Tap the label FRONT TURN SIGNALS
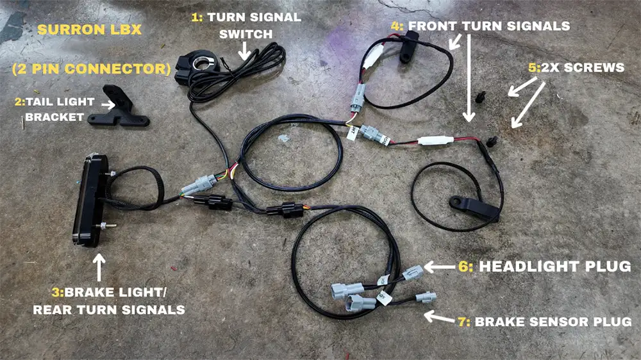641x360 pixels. pyautogui.click(x=489, y=26)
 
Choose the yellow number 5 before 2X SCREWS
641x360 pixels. pyautogui.click(x=532, y=67)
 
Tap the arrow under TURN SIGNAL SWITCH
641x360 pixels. pyautogui.click(x=246, y=48)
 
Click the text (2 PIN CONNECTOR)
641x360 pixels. pyautogui.click(x=90, y=68)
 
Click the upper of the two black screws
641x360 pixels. pyautogui.click(x=482, y=98)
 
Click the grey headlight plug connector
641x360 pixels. pyautogui.click(x=413, y=272)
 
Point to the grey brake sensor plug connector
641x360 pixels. pyautogui.click(x=425, y=297)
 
